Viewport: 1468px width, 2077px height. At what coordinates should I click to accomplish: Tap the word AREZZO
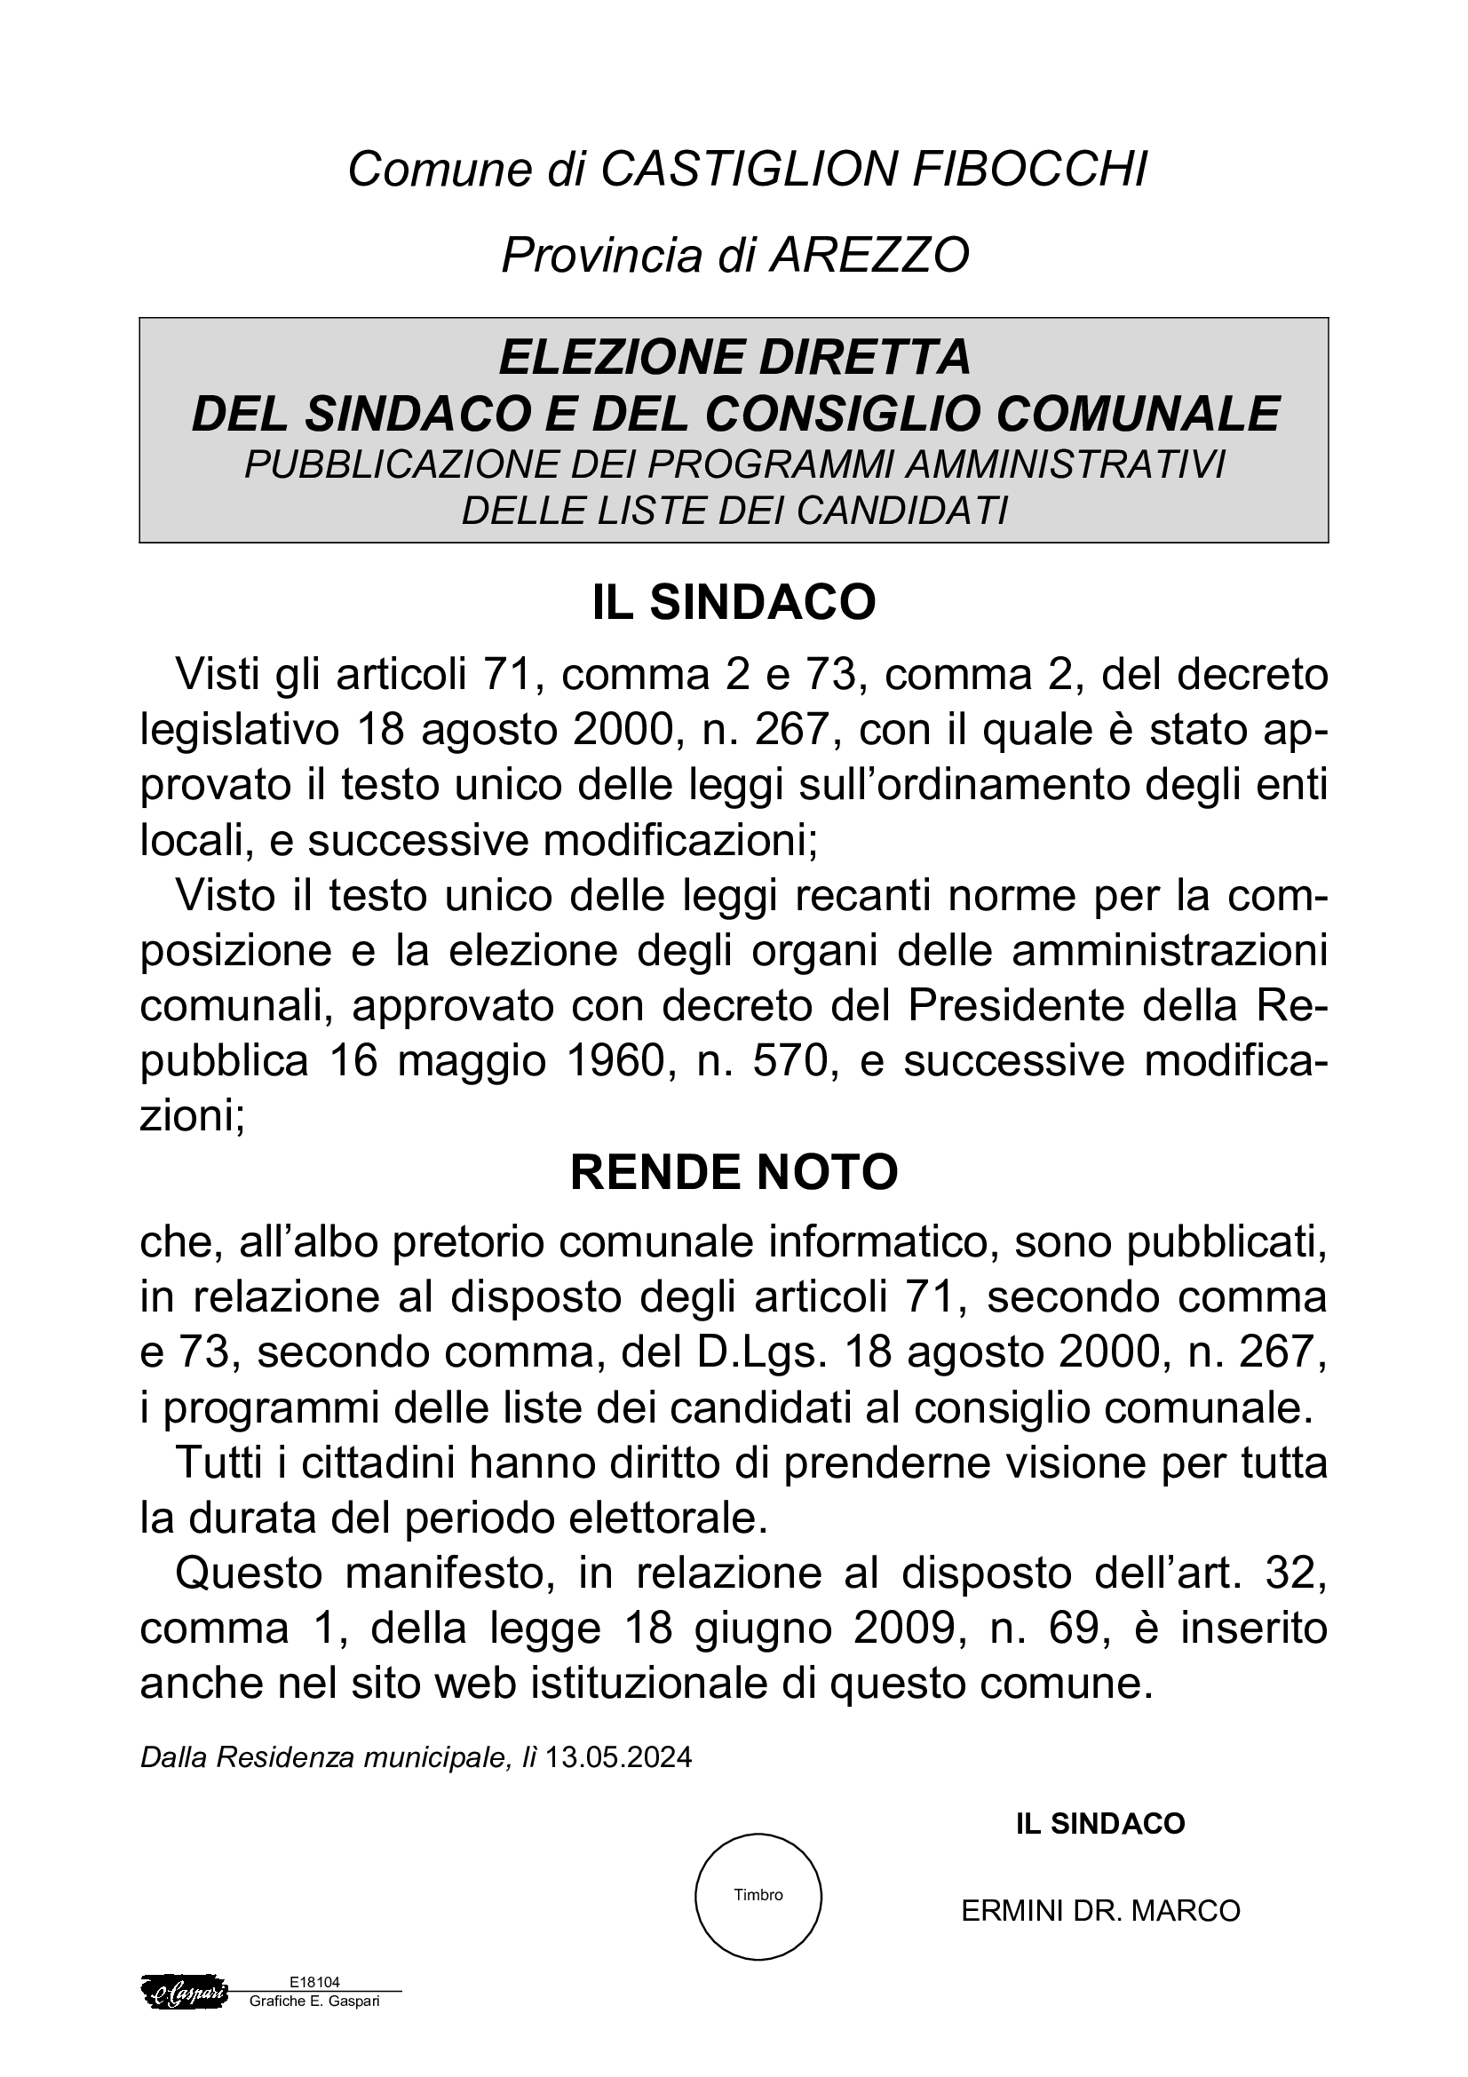[869, 255]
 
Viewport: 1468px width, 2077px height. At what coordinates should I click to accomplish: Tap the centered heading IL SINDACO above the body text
[734, 602]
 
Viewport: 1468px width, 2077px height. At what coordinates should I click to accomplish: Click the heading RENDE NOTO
[734, 1172]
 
